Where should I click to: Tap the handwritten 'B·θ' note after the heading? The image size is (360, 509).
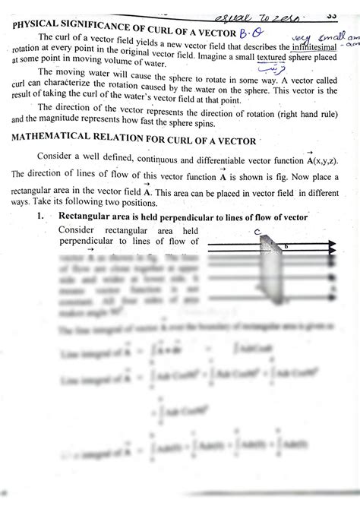(248, 33)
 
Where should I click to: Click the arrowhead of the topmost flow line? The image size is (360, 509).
(332, 246)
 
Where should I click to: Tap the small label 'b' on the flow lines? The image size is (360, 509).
(286, 246)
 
